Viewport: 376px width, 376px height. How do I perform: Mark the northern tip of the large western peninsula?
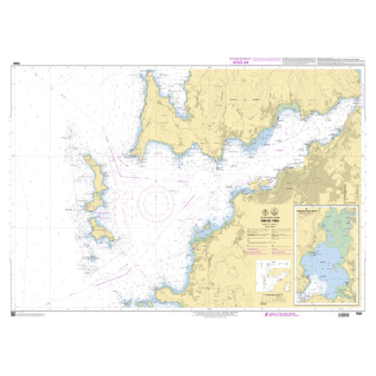[x=151, y=74]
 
